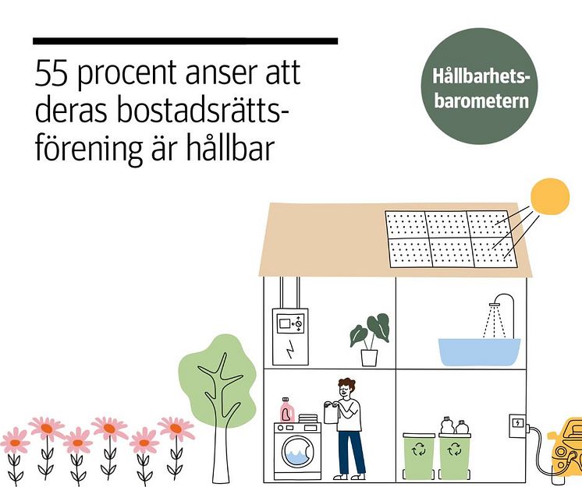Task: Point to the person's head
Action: (x=346, y=387)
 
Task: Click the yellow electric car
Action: (x=566, y=450)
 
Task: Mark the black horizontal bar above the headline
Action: (x=185, y=41)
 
